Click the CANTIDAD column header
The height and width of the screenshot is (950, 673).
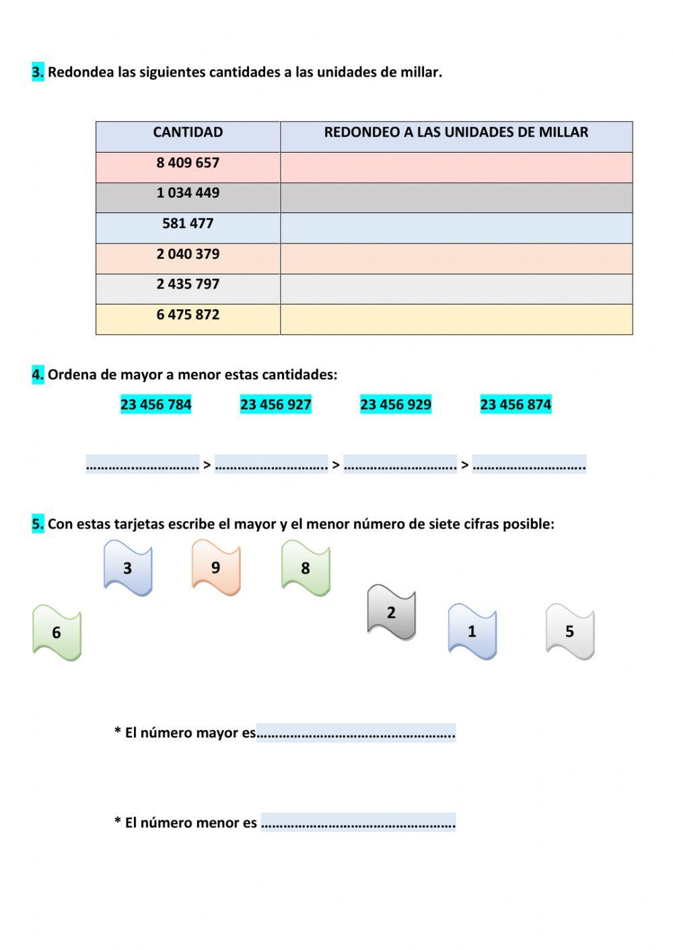coord(188,132)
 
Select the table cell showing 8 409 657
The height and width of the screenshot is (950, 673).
coord(188,163)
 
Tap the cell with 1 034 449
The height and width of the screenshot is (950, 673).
coord(188,194)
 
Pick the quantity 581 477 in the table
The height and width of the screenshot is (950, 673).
coord(188,224)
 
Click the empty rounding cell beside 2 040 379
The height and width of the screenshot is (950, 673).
coord(456,258)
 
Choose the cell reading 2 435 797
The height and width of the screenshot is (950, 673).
coord(188,284)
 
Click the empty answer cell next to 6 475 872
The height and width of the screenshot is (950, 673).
coord(456,319)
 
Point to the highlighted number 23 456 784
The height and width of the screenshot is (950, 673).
coord(156,405)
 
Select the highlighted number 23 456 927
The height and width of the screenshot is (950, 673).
coord(276,405)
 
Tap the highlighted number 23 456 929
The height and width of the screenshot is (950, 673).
coord(396,405)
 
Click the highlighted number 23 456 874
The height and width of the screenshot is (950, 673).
coord(516,405)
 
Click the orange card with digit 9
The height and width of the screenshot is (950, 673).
coord(216,567)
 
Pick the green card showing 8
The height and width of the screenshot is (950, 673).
coord(306,568)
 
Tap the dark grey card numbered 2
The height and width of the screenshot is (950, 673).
coord(391,612)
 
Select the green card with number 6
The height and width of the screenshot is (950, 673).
coord(57,633)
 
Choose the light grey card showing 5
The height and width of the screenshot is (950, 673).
coord(569,632)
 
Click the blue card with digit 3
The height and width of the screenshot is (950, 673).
coord(128,568)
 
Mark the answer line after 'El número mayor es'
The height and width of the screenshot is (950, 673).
coord(356,733)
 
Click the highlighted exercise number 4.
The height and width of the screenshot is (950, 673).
coord(38,374)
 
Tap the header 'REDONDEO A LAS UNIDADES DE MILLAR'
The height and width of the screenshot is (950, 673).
coord(456,132)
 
